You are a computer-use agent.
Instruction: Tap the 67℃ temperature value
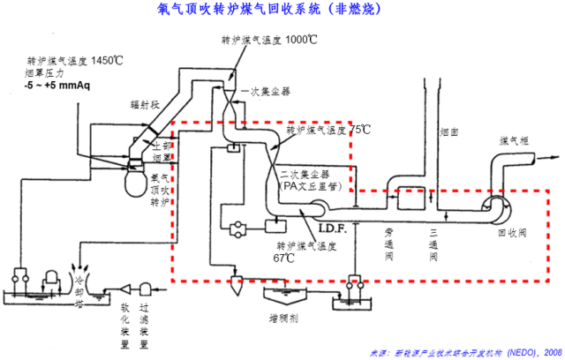(283, 259)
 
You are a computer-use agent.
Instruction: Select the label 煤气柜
(514, 140)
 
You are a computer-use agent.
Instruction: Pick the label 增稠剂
(282, 314)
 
